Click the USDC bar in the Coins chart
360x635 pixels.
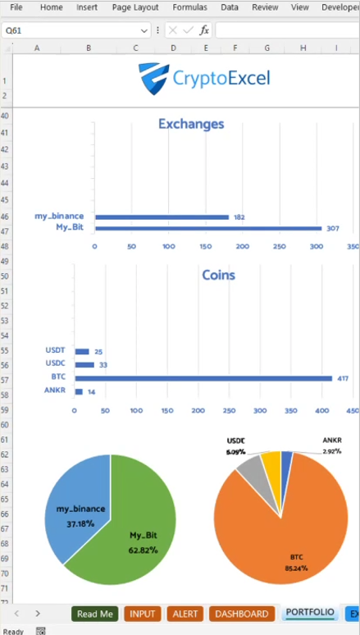85,364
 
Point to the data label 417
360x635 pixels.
343,378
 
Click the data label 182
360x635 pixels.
239,217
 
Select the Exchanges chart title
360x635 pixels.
191,125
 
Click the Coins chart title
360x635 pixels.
218,275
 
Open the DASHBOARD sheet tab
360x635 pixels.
242,614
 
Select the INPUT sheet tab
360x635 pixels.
142,614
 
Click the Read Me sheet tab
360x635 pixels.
95,614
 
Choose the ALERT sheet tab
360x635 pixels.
185,614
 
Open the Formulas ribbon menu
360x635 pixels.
189,7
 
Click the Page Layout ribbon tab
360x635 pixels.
135,7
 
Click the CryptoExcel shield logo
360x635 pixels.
153,79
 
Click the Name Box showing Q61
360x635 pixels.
70,30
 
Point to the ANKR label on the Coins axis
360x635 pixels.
54,391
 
